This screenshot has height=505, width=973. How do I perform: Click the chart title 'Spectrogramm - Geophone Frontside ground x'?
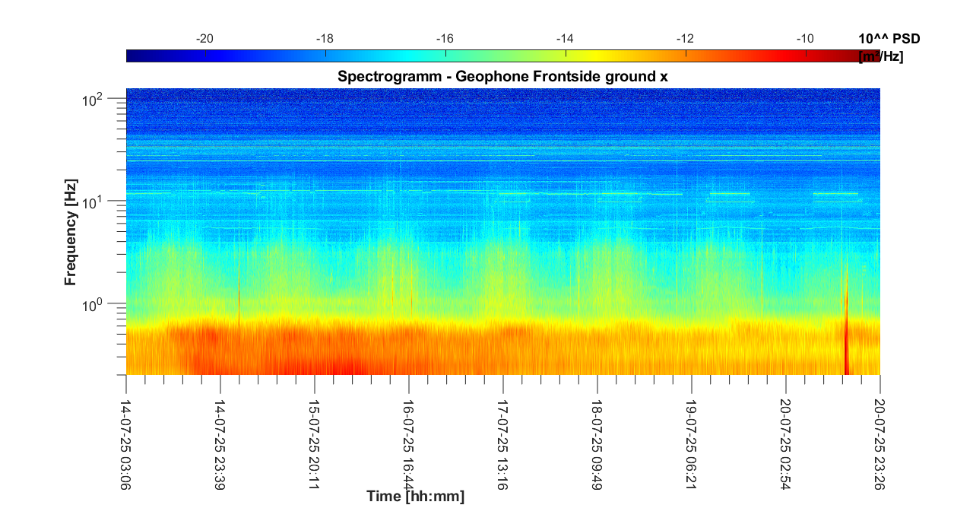tap(502, 77)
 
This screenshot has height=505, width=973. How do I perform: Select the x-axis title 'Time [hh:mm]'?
tap(415, 497)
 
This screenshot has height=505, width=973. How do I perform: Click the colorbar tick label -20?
tap(204, 39)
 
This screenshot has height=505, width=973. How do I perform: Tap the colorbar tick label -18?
tap(325, 39)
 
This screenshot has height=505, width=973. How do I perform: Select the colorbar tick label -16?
tap(445, 39)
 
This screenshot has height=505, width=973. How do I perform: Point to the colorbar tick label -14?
tap(565, 39)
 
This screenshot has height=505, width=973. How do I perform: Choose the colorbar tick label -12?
tap(685, 39)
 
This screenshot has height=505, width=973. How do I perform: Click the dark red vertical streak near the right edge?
tap(846, 342)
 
